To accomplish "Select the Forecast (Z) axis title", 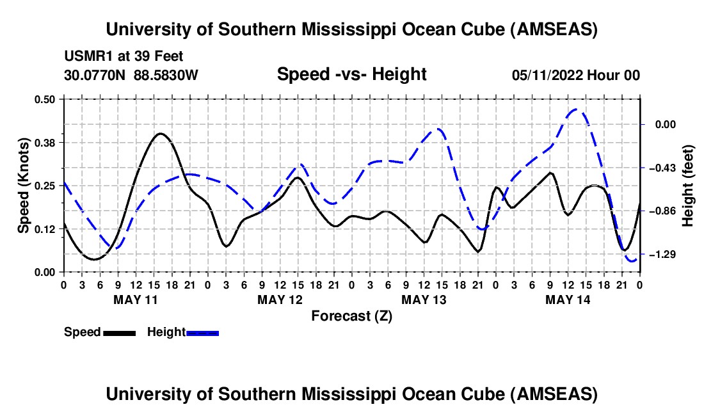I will coord(351,316).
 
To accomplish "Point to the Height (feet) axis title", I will coord(687,186).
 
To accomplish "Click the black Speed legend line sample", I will coord(119,333).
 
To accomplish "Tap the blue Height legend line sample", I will coord(202,333).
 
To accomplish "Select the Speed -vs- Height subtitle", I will coord(351,74).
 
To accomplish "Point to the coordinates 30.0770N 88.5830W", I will coord(131,75).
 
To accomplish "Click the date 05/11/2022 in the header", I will coord(547,75).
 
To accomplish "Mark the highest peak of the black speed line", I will coord(160,133).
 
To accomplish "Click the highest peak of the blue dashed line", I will coord(575,109).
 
